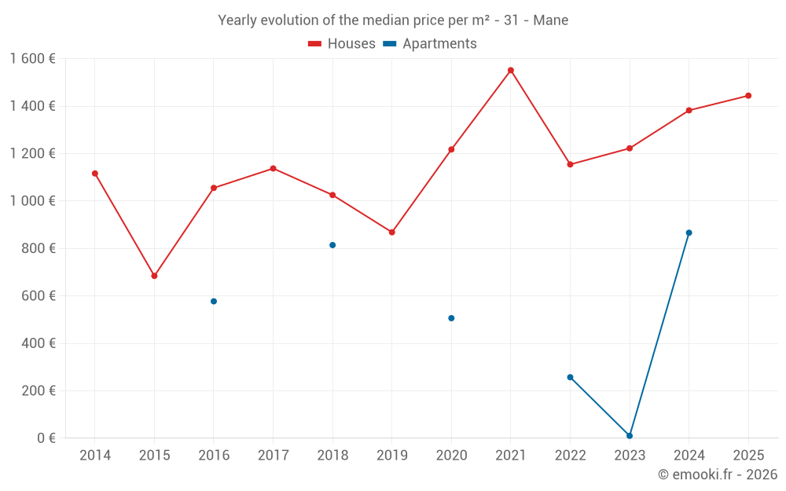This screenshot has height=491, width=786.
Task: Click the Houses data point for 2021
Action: click(511, 70)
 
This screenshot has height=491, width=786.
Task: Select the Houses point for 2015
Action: click(154, 276)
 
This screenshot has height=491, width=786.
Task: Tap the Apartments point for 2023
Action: click(630, 435)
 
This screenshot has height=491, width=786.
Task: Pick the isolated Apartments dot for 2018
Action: click(332, 245)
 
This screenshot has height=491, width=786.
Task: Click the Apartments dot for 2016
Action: click(214, 301)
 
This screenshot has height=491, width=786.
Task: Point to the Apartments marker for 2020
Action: click(451, 318)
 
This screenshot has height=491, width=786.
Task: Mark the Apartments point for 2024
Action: click(689, 233)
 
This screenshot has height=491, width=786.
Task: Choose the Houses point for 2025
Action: click(748, 96)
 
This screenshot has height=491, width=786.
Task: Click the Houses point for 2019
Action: click(392, 232)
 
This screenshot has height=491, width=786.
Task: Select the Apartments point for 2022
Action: click(571, 377)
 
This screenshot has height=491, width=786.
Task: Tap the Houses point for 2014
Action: click(95, 173)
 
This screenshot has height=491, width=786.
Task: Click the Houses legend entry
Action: click(342, 44)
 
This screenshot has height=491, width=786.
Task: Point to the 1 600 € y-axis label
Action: click(32, 59)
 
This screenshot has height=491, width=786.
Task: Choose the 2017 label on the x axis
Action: click(273, 455)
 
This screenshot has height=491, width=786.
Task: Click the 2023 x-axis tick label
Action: click(630, 455)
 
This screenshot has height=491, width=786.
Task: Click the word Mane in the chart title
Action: click(550, 20)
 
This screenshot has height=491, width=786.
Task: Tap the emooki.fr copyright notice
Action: click(717, 475)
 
